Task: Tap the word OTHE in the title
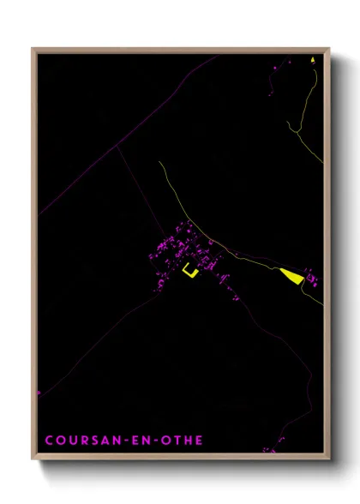[182, 441]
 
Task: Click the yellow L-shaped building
[189, 272]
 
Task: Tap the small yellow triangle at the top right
[313, 60]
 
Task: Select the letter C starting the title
[49, 441]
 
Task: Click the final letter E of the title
[200, 441]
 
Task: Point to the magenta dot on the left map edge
[39, 393]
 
